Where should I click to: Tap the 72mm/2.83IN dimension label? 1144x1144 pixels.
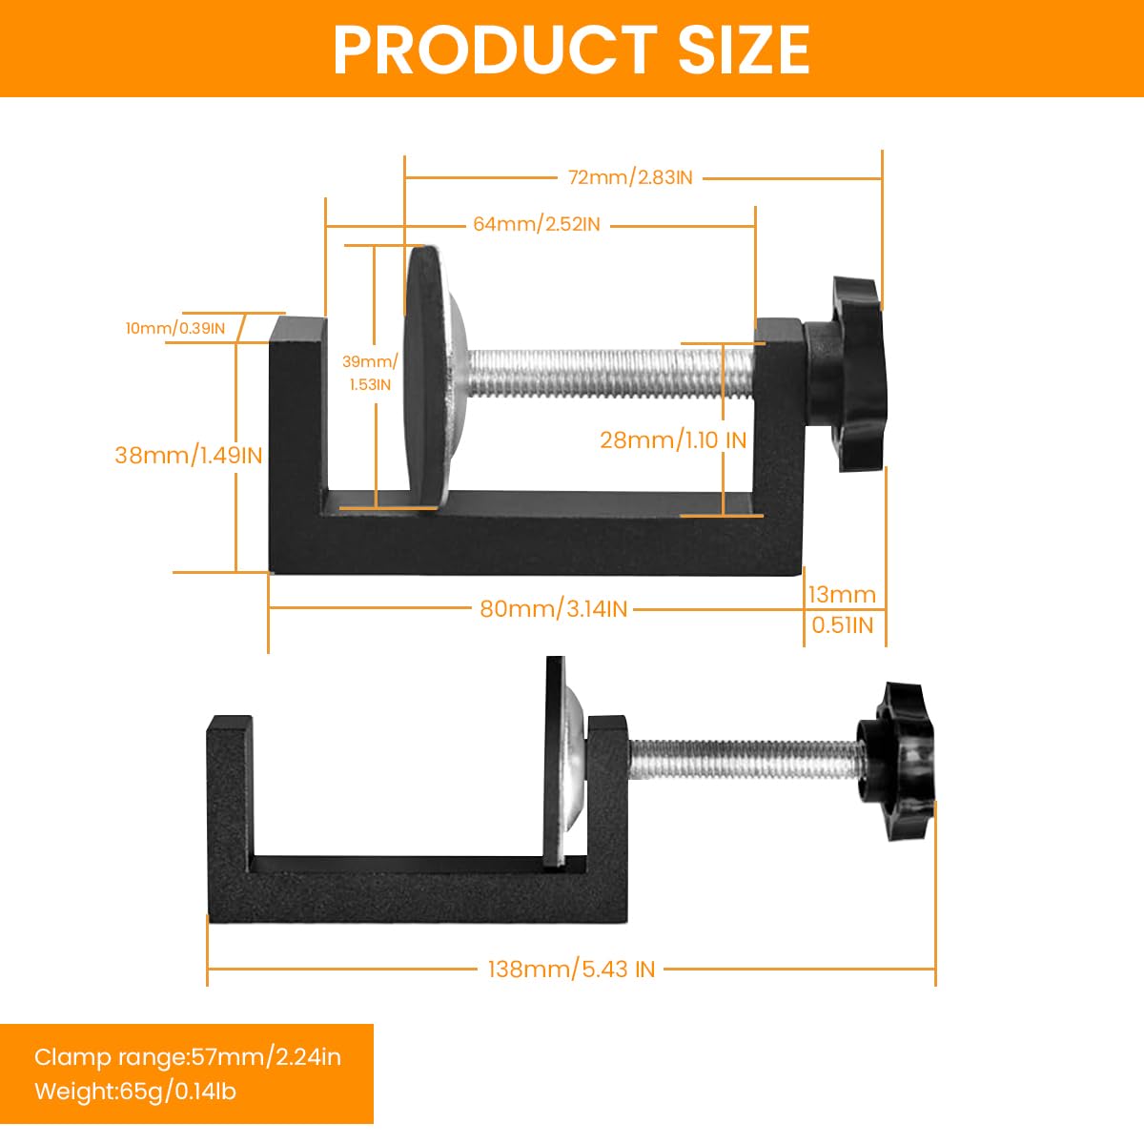(x=630, y=177)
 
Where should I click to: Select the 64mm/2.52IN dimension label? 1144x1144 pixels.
(x=537, y=224)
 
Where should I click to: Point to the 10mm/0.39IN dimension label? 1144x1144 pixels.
(x=175, y=329)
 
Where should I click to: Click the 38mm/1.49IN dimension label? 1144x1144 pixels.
(x=188, y=455)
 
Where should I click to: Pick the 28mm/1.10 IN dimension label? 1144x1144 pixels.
(x=673, y=439)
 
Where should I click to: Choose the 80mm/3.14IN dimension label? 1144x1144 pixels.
(x=553, y=608)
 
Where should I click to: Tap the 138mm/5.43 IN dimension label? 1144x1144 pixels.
(x=571, y=970)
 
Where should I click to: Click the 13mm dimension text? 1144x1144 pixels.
(x=841, y=595)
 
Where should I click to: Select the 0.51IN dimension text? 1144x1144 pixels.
(x=841, y=624)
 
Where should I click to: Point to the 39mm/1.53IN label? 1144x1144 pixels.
(x=369, y=373)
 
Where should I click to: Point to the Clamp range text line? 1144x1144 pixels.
(x=187, y=1056)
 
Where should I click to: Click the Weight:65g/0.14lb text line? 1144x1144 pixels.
(x=134, y=1091)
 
